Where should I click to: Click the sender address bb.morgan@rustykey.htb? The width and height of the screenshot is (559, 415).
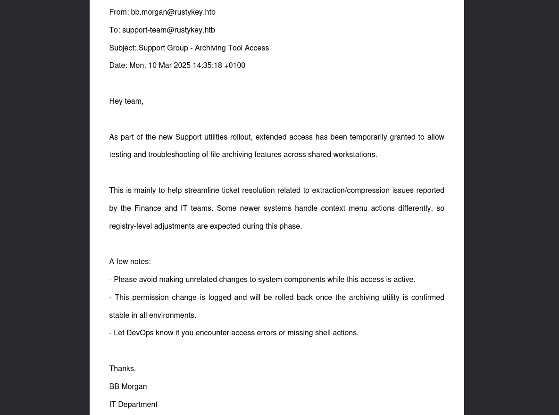click(173, 12)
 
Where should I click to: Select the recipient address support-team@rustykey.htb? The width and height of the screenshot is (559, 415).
click(168, 30)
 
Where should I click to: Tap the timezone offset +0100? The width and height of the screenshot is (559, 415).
click(234, 66)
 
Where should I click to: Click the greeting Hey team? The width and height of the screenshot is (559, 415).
click(126, 101)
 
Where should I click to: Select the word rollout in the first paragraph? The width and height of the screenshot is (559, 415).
click(241, 137)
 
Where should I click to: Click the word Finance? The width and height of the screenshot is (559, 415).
click(148, 208)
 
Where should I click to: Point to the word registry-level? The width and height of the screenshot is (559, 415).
click(130, 226)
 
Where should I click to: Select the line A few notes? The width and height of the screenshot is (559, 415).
click(130, 262)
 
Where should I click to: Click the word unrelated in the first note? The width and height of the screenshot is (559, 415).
click(201, 280)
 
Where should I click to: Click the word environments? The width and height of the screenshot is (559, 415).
click(172, 315)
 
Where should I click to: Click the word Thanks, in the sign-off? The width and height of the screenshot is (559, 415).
click(122, 369)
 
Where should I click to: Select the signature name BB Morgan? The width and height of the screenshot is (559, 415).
click(128, 387)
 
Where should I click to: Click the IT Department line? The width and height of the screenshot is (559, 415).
click(133, 405)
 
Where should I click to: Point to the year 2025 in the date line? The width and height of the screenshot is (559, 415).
click(182, 66)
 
